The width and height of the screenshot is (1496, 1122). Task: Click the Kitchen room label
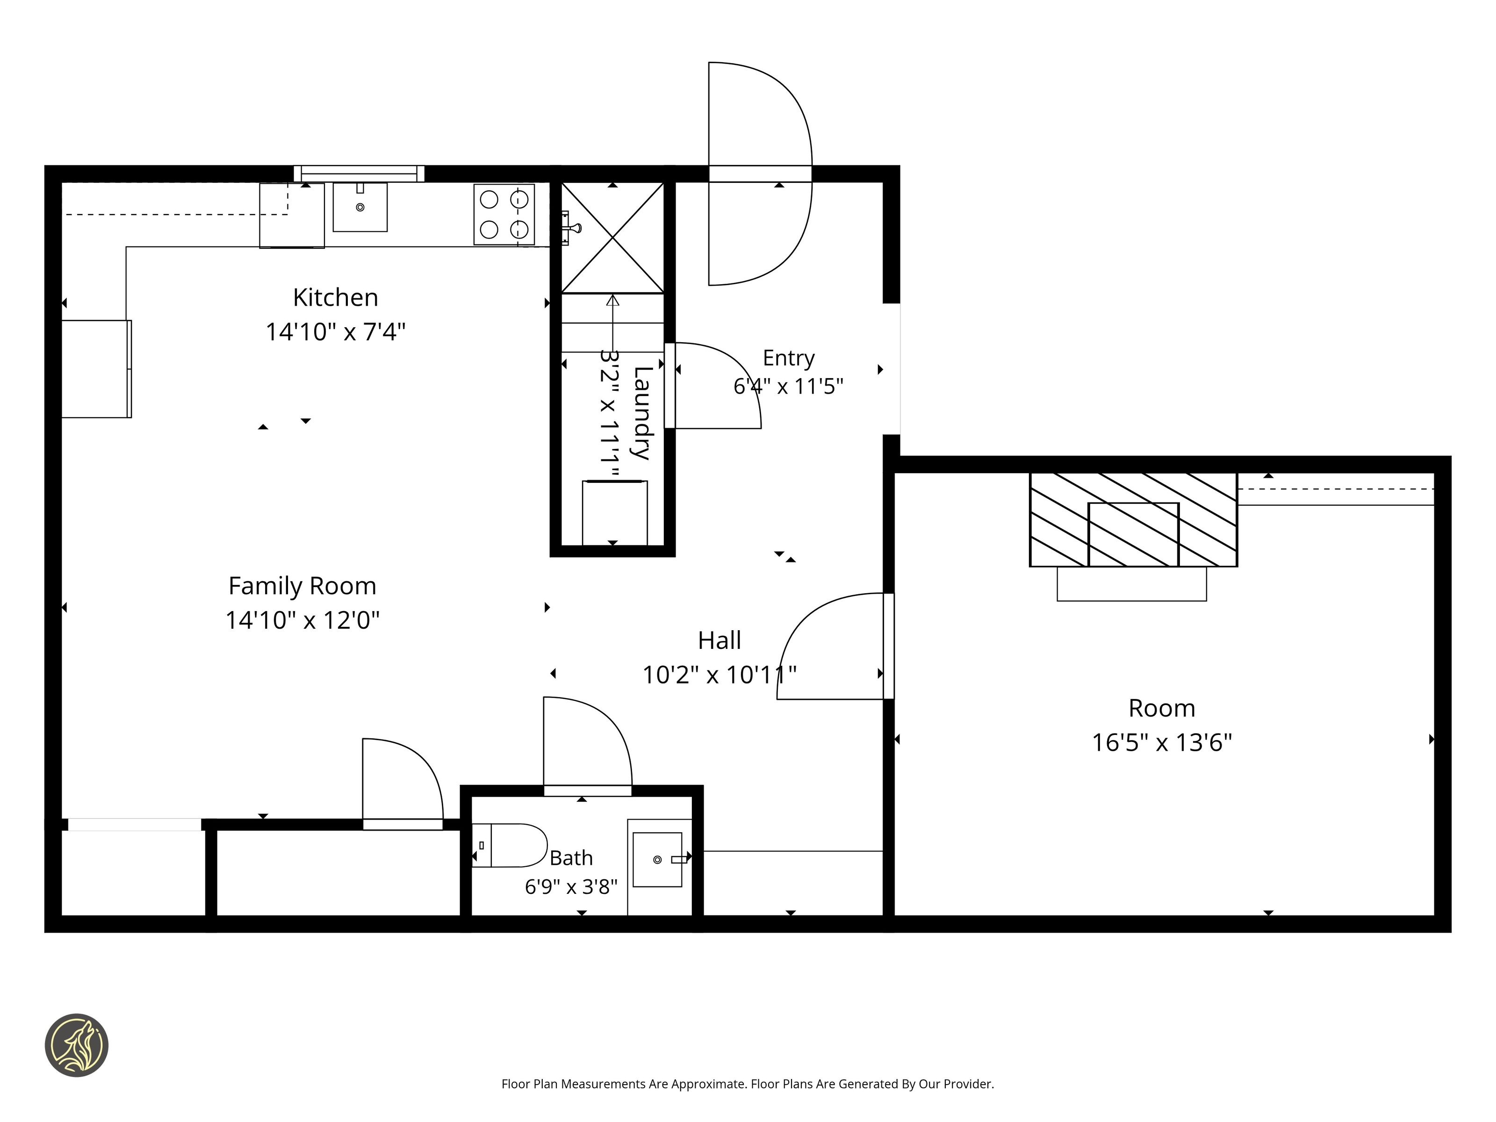click(x=336, y=298)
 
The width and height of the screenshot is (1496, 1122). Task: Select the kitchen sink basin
click(x=360, y=207)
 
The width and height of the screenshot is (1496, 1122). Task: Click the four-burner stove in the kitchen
click(x=504, y=215)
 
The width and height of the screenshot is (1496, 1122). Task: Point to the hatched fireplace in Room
click(x=1134, y=519)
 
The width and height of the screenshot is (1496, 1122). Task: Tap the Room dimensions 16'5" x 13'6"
click(x=1162, y=742)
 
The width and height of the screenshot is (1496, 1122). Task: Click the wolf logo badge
click(x=76, y=1045)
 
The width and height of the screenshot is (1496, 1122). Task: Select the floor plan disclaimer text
click(x=748, y=1084)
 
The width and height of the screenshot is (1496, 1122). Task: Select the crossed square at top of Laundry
click(x=613, y=237)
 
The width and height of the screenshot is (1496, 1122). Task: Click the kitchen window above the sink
click(x=359, y=173)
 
